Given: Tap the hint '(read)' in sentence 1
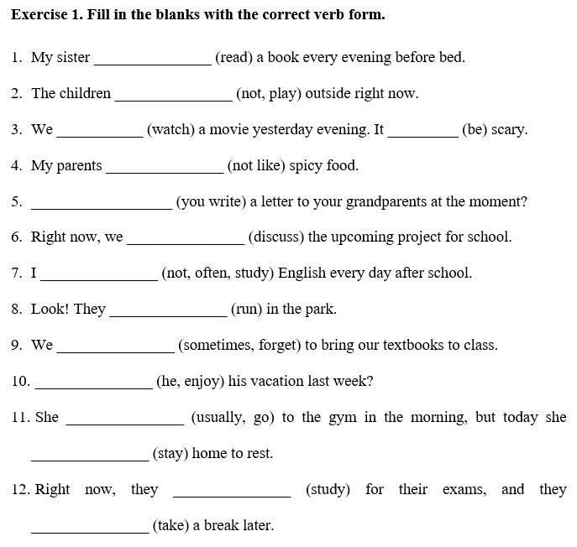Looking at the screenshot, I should pos(233,58).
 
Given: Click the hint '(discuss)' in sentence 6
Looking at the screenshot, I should pos(275,237).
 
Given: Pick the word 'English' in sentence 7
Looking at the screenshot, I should pos(302,273).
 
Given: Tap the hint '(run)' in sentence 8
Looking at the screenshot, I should pos(247,310).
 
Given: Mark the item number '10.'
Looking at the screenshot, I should pos(21,382).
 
